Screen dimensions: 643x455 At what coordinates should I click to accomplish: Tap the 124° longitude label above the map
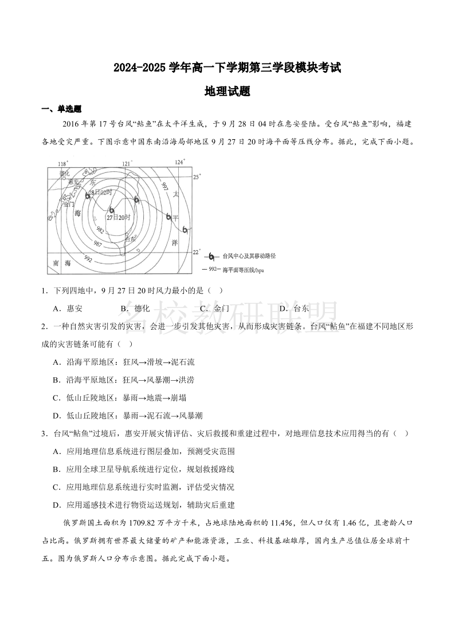[x=180, y=162]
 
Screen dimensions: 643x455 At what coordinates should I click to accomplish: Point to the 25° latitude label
[x=197, y=177]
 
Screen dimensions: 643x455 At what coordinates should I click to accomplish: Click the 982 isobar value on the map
[x=100, y=230]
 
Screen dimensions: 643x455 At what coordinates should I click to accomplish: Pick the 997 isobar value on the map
[x=164, y=186]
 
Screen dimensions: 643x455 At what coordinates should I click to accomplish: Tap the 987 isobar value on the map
[x=98, y=243]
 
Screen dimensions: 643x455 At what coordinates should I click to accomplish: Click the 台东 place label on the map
[x=131, y=239]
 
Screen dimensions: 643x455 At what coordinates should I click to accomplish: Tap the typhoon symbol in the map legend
[x=212, y=257]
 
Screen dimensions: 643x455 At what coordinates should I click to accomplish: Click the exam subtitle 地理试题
[x=227, y=91]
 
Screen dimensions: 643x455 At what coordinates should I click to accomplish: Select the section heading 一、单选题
[x=61, y=109]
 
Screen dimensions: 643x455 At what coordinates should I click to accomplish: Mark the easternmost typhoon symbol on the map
[x=185, y=230]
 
